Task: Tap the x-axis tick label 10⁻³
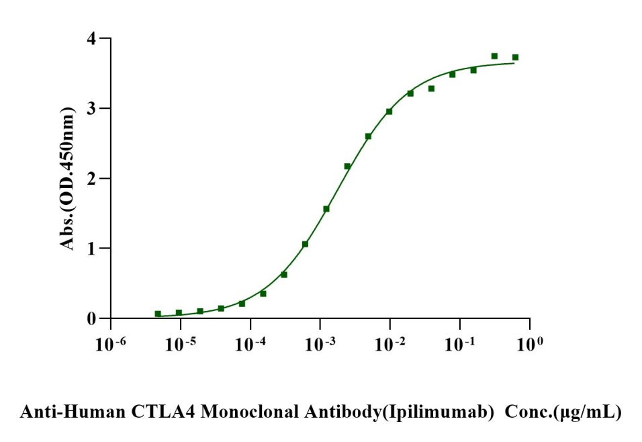(x=319, y=344)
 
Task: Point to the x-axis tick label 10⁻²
(x=389, y=344)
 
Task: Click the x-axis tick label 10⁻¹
(x=459, y=344)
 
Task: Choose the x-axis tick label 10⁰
(x=529, y=344)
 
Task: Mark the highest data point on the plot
(x=494, y=56)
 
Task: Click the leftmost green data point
(x=158, y=314)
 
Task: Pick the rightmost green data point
(x=515, y=57)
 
